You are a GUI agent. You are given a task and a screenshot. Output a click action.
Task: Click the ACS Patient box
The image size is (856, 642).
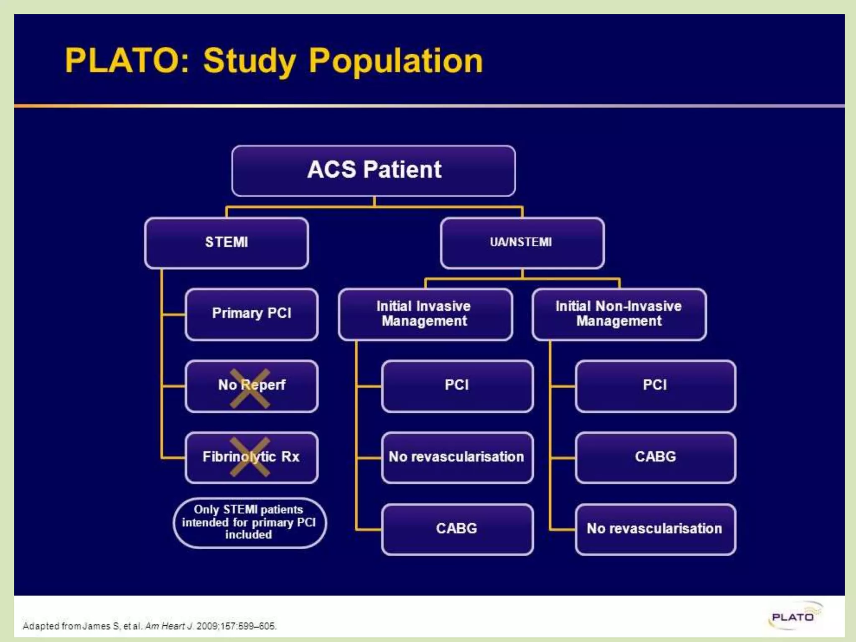(x=373, y=171)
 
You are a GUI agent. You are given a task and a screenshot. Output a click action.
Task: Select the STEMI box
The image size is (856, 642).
(x=227, y=242)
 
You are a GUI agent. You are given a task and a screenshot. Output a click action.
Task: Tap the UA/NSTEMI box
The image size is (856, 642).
(x=522, y=242)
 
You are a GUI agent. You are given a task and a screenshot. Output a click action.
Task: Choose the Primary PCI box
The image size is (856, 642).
(x=252, y=313)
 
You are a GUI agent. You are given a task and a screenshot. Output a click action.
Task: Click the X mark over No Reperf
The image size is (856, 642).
(x=250, y=388)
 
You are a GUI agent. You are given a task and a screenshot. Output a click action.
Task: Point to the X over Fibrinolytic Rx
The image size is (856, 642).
(x=250, y=457)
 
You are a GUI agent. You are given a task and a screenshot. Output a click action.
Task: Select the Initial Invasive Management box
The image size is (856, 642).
(x=425, y=314)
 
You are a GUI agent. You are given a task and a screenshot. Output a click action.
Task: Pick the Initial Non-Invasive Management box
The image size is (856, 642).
(x=619, y=314)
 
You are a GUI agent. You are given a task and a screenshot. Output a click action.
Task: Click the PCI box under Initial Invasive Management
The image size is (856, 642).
(x=457, y=385)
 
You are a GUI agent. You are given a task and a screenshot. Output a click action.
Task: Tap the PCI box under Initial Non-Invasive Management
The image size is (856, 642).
(x=655, y=385)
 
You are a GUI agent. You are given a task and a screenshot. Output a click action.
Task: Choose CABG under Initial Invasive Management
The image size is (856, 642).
(x=457, y=529)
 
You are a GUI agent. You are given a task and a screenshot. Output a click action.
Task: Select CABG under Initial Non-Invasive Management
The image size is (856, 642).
(x=655, y=457)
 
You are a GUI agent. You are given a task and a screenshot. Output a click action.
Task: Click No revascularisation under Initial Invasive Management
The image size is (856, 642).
(x=457, y=457)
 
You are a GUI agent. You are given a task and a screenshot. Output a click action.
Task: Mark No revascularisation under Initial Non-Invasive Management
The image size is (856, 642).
(x=655, y=529)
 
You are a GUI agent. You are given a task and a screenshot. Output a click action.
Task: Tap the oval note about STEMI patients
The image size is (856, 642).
(x=249, y=522)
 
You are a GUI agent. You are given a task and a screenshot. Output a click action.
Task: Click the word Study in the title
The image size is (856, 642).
(x=250, y=61)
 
